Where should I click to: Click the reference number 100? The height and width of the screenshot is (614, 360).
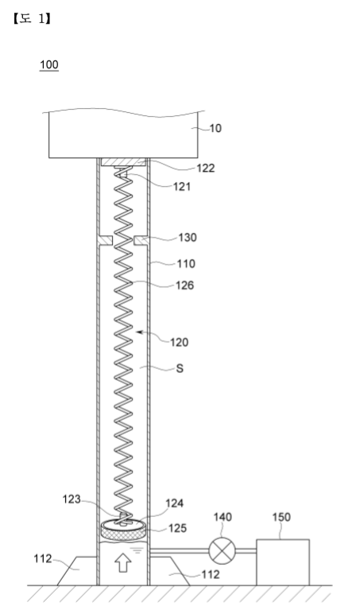[49, 64]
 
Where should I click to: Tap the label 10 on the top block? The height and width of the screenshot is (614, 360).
[215, 128]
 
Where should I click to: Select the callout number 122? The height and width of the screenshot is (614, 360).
[206, 168]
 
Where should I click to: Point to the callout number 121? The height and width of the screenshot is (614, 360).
[182, 186]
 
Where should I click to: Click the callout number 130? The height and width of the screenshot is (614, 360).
[188, 237]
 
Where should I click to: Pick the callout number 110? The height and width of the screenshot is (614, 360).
[186, 263]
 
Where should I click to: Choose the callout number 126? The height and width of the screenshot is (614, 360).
[184, 285]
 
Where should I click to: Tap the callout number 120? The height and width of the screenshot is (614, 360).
[180, 342]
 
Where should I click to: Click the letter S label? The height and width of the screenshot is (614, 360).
[180, 368]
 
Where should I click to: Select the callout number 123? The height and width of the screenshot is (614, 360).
[72, 499]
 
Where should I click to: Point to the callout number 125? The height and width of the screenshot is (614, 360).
[178, 528]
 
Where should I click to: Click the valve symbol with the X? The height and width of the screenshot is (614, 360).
[223, 550]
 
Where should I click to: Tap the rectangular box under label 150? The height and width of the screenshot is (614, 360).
[283, 562]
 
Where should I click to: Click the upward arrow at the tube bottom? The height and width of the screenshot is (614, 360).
[123, 563]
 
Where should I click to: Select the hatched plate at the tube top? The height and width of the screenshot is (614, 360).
[123, 161]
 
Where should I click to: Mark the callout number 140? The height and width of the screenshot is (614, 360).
[223, 517]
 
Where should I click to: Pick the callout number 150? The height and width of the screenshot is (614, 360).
[281, 517]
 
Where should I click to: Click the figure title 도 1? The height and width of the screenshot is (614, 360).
[32, 18]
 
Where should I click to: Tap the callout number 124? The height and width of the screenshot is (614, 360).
[175, 503]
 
